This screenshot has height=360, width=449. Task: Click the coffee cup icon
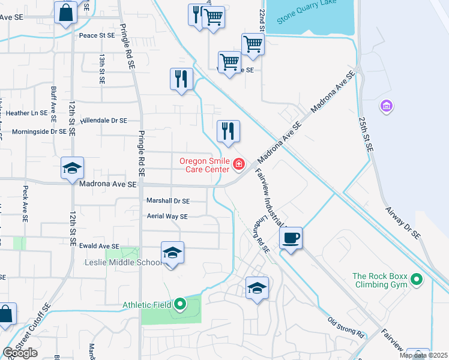point(291,238)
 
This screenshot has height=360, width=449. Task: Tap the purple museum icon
point(387,107)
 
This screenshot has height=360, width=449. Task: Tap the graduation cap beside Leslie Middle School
point(172,253)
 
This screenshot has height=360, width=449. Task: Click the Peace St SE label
point(97,35)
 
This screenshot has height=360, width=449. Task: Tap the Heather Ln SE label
point(27,113)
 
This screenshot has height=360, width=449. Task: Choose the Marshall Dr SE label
point(168,201)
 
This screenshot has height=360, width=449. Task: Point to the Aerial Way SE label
point(167,216)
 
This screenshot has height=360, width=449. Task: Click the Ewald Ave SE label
point(100,246)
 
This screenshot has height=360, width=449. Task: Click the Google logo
point(20,353)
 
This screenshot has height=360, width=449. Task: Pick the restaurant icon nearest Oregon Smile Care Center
point(228,131)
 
